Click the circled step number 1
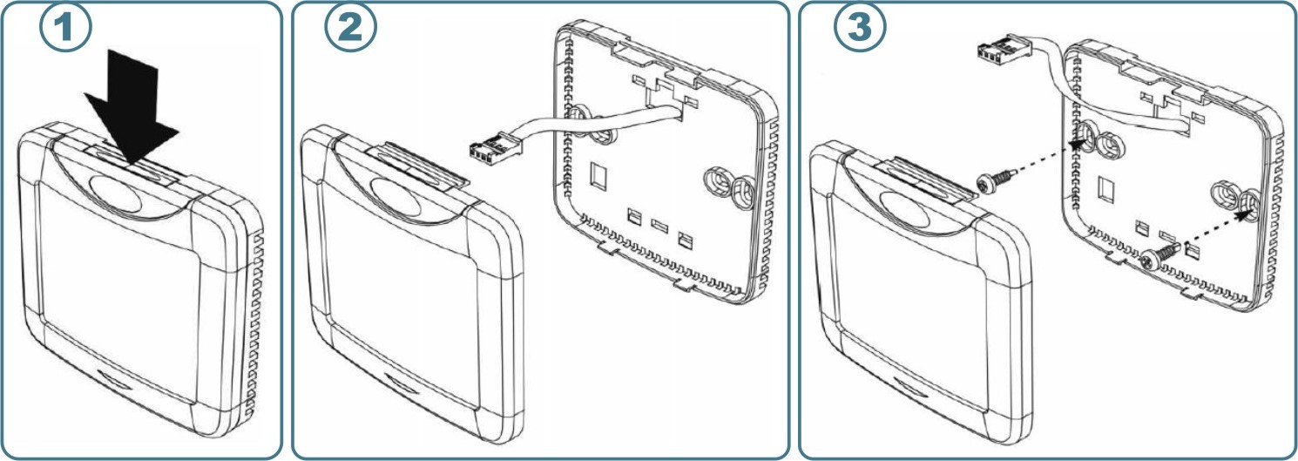coord(65,27)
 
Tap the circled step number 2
coord(350,27)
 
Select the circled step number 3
coord(860,27)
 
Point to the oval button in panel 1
coord(115,193)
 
